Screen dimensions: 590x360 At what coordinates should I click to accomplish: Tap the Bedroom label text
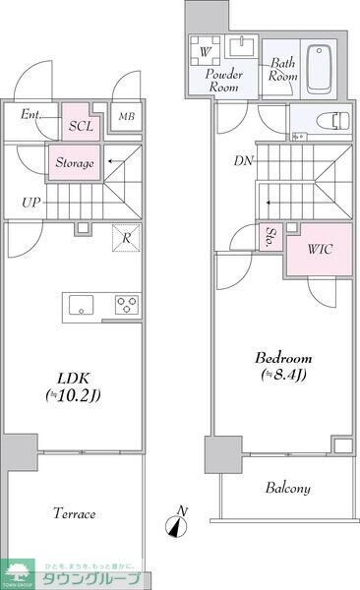pos(286,365)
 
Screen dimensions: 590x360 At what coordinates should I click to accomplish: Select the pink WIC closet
pos(318,249)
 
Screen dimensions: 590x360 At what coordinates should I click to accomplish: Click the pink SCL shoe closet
pos(81,127)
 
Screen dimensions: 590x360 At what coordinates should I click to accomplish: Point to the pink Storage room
pos(75,163)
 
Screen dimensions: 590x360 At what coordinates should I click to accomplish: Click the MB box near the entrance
pos(127,116)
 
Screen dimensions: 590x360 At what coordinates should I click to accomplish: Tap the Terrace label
pos(74,513)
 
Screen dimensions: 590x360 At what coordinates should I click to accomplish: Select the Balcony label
pos(287,489)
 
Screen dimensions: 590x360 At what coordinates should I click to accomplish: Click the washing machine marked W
pos(207,50)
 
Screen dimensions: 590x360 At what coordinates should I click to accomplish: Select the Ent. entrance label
pos(31,115)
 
